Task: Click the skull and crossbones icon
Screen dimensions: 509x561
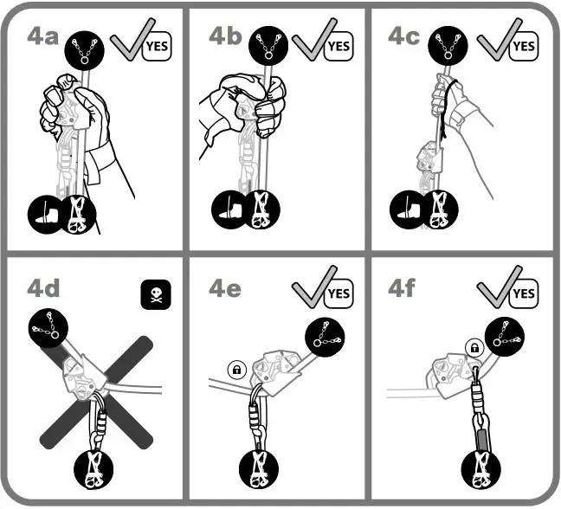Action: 156,295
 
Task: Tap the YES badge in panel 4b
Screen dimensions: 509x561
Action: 339,44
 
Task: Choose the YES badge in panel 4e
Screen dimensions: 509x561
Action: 339,293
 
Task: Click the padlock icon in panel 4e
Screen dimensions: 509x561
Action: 235,369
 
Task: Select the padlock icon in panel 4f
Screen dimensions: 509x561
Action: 474,348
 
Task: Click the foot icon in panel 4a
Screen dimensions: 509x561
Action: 47,211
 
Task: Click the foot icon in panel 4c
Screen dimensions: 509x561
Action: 404,211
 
